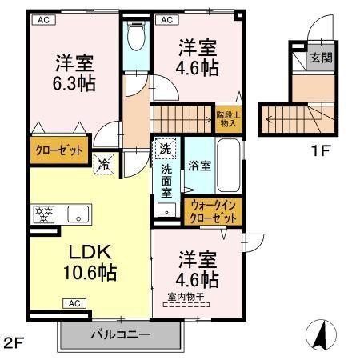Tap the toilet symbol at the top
(137, 37)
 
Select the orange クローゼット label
(58, 150)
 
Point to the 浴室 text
(199, 166)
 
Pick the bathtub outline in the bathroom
(229, 167)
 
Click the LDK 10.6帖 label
(90, 262)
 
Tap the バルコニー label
(119, 334)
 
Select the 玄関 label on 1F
(322, 57)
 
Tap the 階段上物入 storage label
(227, 119)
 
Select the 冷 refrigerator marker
(105, 165)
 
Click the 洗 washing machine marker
(164, 149)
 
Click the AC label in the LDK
(74, 303)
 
